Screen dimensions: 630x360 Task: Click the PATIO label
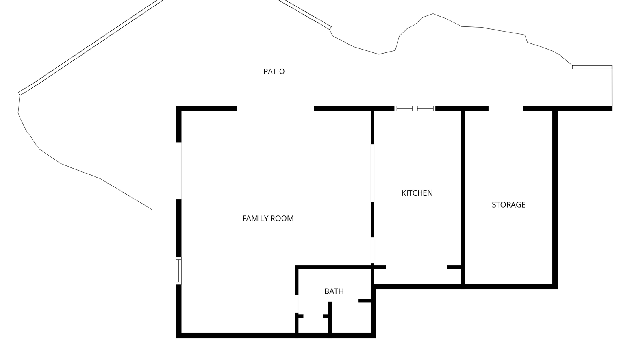coord(274,71)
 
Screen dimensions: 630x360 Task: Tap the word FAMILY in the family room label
coord(254,219)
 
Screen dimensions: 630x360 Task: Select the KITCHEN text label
coord(417,193)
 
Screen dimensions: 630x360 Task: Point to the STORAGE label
coord(508,205)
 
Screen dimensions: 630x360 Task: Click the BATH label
coord(334,291)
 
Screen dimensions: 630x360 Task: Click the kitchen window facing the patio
coord(415,109)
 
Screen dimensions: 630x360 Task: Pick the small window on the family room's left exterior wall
coord(179,271)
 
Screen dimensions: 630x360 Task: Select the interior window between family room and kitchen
coord(372,173)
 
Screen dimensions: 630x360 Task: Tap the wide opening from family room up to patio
coord(276,109)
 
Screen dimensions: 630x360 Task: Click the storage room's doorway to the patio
coord(506,109)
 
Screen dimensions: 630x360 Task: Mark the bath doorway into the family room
coord(296,304)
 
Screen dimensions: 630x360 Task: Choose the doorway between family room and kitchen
coord(372,250)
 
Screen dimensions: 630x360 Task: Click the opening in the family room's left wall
coord(179,171)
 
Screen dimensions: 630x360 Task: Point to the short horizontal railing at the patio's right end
coord(592,67)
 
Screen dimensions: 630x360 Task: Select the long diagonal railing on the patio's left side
coord(91,47)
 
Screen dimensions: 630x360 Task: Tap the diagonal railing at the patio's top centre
coord(305,14)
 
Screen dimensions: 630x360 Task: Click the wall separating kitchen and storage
coord(463,198)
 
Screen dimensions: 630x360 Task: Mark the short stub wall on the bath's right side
coord(365,301)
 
